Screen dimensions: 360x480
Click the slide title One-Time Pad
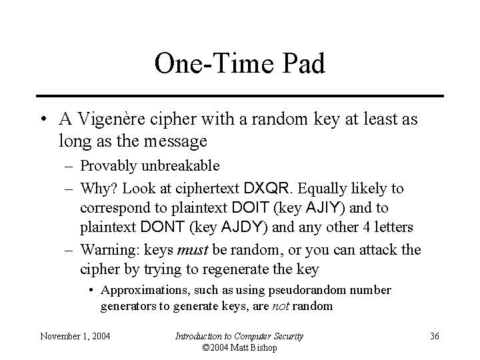(239, 64)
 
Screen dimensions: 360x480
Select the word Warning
(105, 251)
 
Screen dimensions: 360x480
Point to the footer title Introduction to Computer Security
(239, 336)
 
